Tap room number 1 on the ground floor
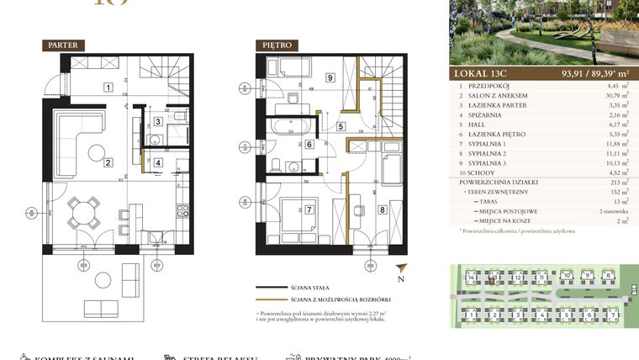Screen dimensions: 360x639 click(x=108, y=87)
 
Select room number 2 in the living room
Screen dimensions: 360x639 click(x=108, y=163)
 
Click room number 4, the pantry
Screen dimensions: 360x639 click(x=158, y=163)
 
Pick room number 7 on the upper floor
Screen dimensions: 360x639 click(x=309, y=209)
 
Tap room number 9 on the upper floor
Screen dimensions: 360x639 click(x=330, y=78)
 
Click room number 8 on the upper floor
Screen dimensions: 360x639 click(x=382, y=209)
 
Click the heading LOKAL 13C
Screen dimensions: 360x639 click(x=484, y=72)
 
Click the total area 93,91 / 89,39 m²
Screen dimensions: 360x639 click(x=584, y=72)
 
